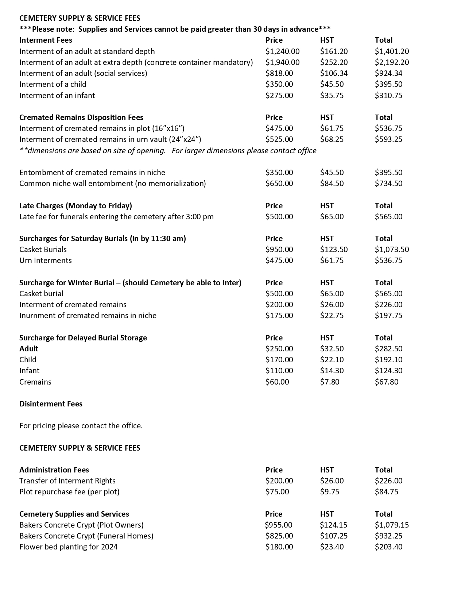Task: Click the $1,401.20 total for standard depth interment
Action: coord(392,51)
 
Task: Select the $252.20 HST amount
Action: coord(334,62)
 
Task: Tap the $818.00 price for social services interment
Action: coord(279,73)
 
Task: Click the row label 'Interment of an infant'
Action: coord(57,96)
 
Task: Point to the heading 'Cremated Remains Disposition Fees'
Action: coord(81,117)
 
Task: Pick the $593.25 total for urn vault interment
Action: coord(388,139)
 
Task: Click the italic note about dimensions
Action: coord(168,151)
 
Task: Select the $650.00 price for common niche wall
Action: coord(279,184)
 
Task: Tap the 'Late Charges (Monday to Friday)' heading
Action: coord(75,206)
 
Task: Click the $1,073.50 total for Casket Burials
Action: coord(392,250)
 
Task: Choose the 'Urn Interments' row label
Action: coord(45,261)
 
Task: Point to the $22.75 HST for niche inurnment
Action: coord(332,316)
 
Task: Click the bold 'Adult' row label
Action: coord(28,349)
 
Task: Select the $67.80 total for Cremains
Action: coord(387,382)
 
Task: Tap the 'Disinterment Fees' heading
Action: coord(51,404)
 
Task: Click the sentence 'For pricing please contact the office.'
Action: coord(81,426)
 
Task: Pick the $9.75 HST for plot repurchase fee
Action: coord(329,492)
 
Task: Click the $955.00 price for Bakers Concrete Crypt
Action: coord(279,525)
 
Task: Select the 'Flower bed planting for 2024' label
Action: coord(68,547)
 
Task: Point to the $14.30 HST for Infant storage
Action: coord(332,371)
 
